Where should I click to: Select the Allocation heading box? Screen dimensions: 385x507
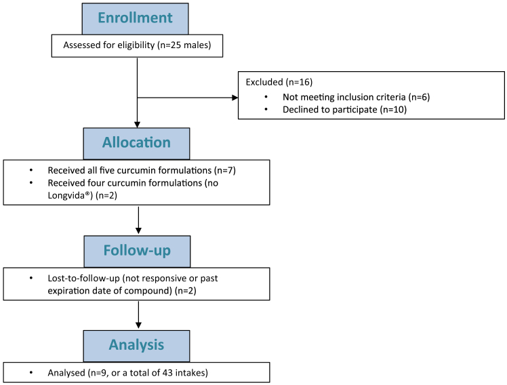pyautogui.click(x=137, y=143)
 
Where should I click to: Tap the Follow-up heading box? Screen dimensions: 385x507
pyautogui.click(x=137, y=250)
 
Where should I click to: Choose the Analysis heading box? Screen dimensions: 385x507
pyautogui.click(x=137, y=345)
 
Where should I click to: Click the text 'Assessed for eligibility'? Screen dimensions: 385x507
pyautogui.click(x=109, y=46)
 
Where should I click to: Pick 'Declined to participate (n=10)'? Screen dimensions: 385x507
pyautogui.click(x=344, y=109)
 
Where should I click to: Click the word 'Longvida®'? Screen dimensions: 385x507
pyautogui.click(x=70, y=195)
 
